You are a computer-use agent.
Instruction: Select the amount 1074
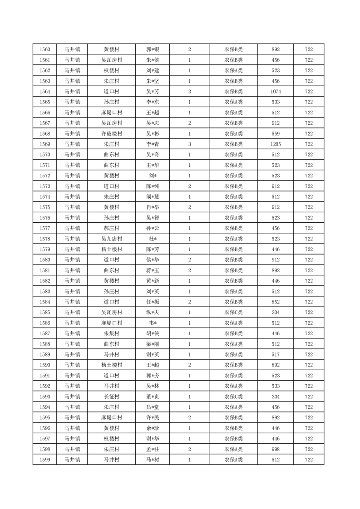pyautogui.click(x=276, y=92)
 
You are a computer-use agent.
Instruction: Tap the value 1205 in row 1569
pyautogui.click(x=276, y=144)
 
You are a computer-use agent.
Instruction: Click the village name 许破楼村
pyautogui.click(x=111, y=134)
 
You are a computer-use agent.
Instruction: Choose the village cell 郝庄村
pyautogui.click(x=111, y=228)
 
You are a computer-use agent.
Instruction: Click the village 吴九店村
pyautogui.click(x=111, y=239)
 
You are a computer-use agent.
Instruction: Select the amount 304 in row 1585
pyautogui.click(x=276, y=313)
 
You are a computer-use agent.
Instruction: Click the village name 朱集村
pyautogui.click(x=111, y=333)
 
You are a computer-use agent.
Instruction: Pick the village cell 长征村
pyautogui.click(x=111, y=396)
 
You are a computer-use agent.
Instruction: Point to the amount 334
pyautogui.click(x=276, y=396)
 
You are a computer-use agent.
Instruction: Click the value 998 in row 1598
pyautogui.click(x=276, y=449)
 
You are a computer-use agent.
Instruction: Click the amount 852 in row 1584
pyautogui.click(x=276, y=302)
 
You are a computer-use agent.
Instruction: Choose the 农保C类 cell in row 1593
pyautogui.click(x=233, y=396)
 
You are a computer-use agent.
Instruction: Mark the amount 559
pyautogui.click(x=276, y=134)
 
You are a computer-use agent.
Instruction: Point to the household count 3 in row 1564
pyautogui.click(x=189, y=92)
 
